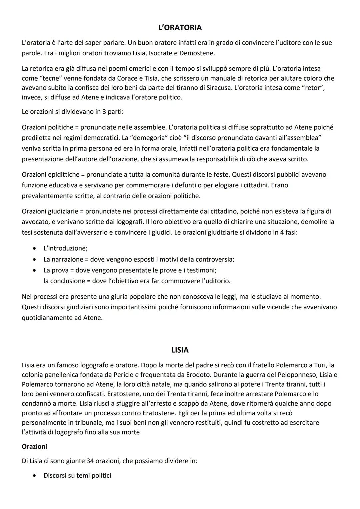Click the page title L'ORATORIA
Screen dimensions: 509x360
(x=180, y=27)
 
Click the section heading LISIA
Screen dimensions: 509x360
(x=180, y=350)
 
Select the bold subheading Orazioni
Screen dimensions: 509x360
(x=34, y=446)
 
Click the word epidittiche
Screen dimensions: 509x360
(x=63, y=174)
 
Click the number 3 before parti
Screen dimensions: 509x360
(x=104, y=111)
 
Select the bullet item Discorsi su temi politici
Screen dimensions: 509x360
(x=77, y=475)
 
